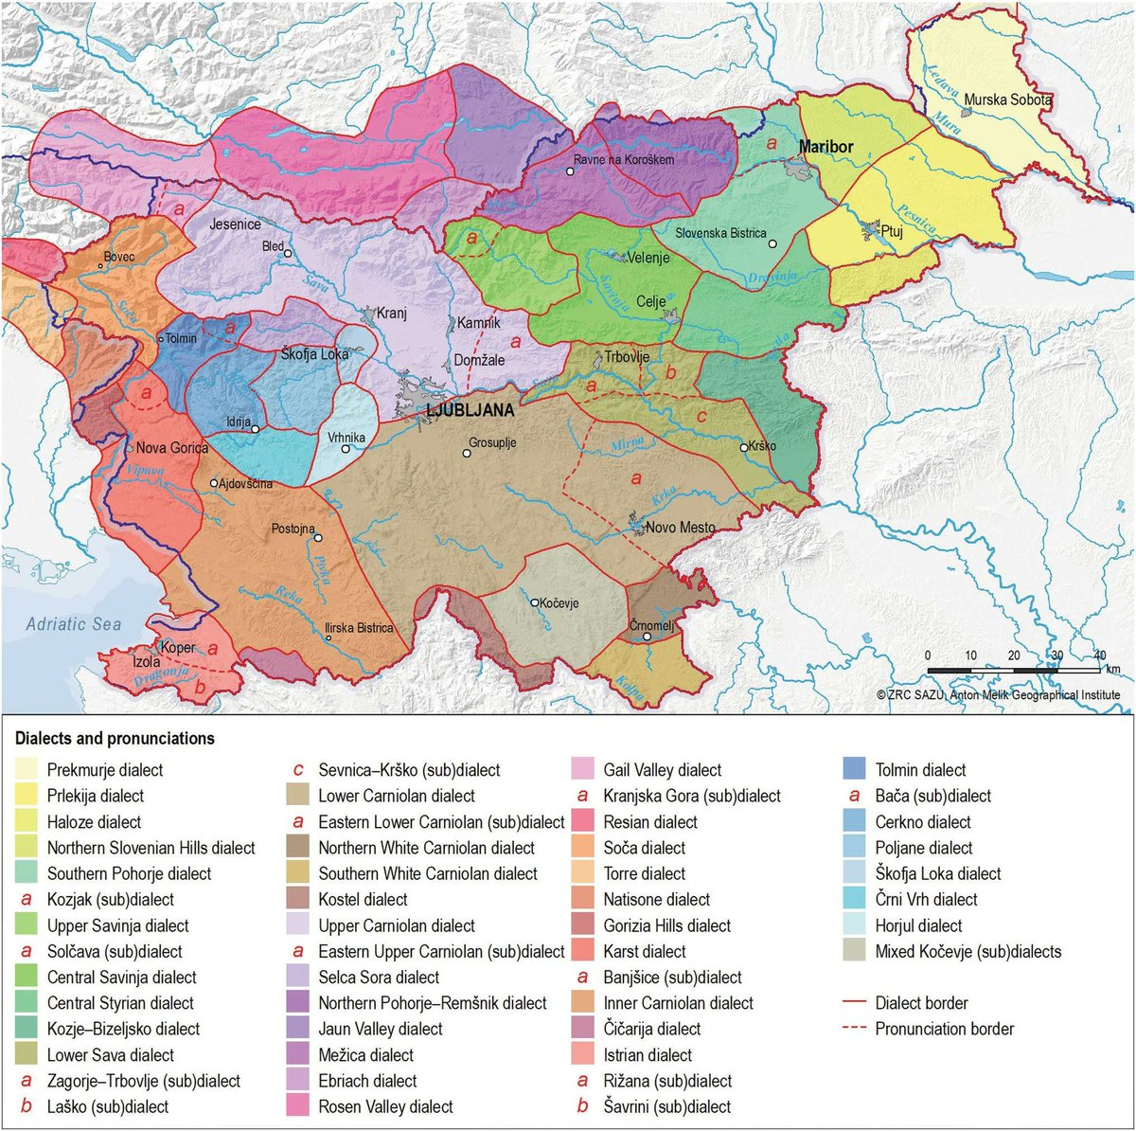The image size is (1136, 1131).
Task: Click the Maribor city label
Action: [825, 147]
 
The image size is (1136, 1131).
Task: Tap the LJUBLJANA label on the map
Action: [470, 410]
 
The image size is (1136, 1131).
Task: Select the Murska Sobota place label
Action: [1008, 99]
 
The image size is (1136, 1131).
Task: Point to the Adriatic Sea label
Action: [74, 624]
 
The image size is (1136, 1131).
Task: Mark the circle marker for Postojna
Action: [319, 538]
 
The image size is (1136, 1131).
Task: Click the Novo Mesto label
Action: [680, 528]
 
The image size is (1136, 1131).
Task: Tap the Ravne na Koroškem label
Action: [624, 159]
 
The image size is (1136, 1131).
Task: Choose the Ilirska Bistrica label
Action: [359, 628]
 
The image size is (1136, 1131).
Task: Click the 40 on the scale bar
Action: [1100, 655]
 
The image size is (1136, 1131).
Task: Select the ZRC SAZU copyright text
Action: [998, 695]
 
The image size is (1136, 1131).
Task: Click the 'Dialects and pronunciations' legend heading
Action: [115, 739]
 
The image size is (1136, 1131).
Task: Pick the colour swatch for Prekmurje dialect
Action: [27, 770]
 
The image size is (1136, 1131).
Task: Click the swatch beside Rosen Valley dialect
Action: [299, 1106]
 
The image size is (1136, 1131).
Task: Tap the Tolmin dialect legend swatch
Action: [855, 770]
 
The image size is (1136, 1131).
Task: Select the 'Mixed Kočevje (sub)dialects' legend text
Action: [967, 951]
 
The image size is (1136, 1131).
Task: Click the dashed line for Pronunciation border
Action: [855, 1029]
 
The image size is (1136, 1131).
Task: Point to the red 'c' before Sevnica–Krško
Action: [299, 770]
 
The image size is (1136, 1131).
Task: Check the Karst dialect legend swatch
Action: [584, 951]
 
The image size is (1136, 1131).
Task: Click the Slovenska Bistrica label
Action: [720, 233]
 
